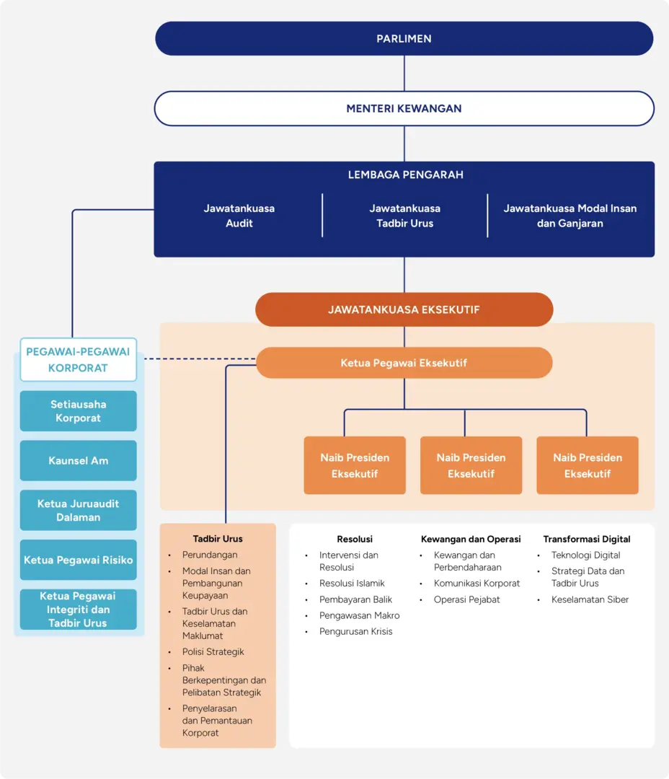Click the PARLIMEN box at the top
(404, 39)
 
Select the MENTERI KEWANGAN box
(404, 109)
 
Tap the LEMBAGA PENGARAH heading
(405, 175)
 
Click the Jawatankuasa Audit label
(239, 216)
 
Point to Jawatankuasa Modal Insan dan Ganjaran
(570, 216)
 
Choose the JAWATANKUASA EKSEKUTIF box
(404, 309)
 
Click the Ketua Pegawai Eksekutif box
(404, 363)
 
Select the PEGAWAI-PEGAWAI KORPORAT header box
(78, 359)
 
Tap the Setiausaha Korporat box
(78, 411)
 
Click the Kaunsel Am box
(78, 460)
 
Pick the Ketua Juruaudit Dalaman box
(78, 510)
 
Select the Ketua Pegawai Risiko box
(78, 560)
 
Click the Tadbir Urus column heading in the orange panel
(218, 539)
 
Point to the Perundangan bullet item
(210, 555)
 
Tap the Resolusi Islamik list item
(352, 584)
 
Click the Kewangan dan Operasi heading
(471, 539)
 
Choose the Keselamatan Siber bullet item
(590, 599)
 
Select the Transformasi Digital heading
(586, 539)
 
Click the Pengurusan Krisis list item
(355, 631)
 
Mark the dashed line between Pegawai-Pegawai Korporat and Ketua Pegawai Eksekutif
(198, 358)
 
